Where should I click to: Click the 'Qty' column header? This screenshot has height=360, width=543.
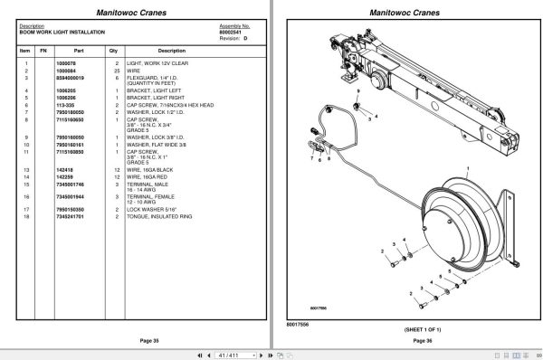point(113,51)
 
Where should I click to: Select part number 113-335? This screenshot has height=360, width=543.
point(66,104)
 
